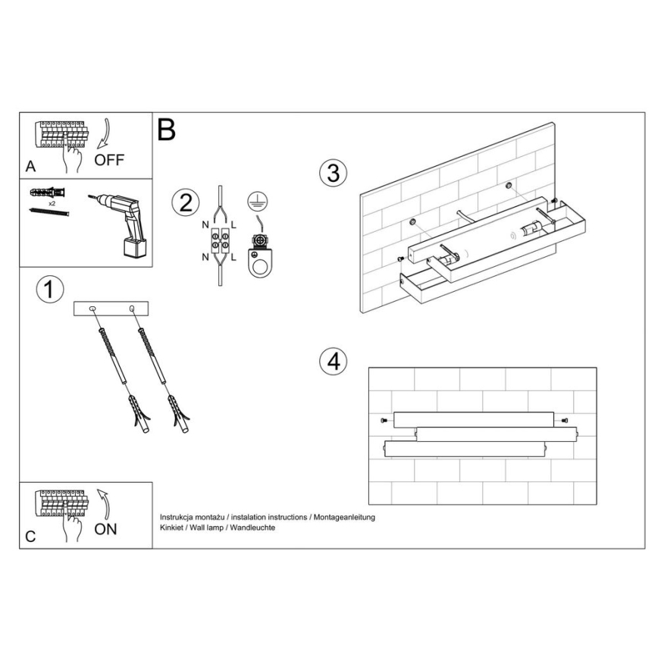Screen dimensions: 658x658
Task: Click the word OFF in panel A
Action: pos(109,160)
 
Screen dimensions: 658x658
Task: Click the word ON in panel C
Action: pos(105,529)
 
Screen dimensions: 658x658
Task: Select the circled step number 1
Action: pos(50,290)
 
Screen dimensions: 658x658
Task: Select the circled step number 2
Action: pos(186,202)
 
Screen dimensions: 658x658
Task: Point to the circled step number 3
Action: pos(334,173)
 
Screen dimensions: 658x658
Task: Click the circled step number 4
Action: pos(334,361)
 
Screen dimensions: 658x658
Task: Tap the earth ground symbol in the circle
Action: pos(258,202)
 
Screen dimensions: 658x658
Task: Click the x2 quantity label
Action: pos(52,203)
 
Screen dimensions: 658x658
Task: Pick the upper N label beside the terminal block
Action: pos(205,225)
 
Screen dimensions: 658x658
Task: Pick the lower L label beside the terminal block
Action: pos(233,257)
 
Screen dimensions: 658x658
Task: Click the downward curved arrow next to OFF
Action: pos(104,133)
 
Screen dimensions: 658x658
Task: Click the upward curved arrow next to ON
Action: pos(104,503)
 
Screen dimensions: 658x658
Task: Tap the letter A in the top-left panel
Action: pos(30,167)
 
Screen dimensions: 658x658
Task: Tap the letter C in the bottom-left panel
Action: pos(30,537)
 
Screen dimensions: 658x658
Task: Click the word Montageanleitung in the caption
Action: pos(344,518)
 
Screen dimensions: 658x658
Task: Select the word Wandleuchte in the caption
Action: pos(252,528)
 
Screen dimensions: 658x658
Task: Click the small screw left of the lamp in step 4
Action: pos(383,420)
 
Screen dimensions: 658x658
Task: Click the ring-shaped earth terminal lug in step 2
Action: pos(260,263)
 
